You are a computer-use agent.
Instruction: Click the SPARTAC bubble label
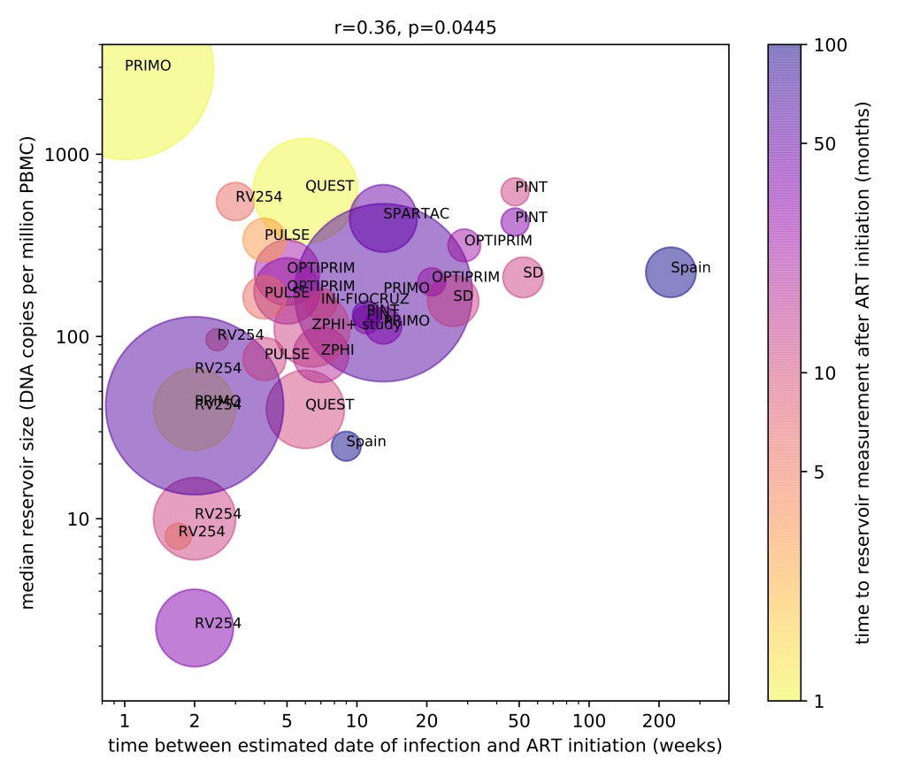point(416,214)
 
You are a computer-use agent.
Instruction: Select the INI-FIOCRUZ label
point(364,299)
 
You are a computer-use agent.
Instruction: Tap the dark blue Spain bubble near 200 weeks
point(671,272)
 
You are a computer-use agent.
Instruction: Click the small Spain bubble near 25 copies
point(346,447)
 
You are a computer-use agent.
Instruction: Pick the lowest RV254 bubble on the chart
point(194,627)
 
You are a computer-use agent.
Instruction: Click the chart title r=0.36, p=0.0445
point(415,27)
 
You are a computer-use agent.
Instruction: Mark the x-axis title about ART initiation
point(415,746)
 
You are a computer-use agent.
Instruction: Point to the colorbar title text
point(864,372)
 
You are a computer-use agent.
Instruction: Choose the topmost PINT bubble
point(514,190)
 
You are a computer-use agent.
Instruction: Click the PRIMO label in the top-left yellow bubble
point(148,65)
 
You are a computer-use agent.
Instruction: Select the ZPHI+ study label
point(356,325)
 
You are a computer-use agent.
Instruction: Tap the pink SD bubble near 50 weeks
point(523,278)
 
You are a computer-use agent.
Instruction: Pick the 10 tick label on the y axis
point(81,519)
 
